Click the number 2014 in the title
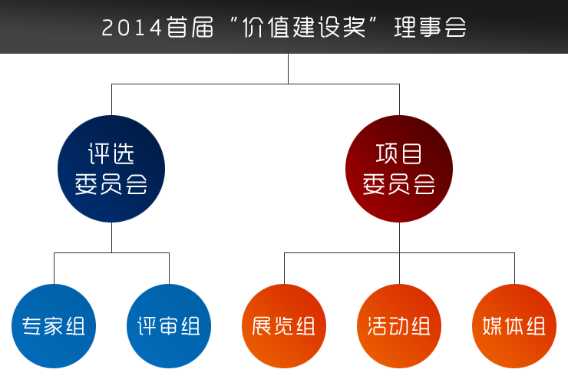point(132,28)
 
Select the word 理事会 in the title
point(430,28)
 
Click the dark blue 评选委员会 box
point(111,169)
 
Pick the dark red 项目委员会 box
point(399,169)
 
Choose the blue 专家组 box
point(54,326)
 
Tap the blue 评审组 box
point(169,326)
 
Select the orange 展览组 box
point(284,326)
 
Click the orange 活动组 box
point(399,326)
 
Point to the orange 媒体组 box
point(514,326)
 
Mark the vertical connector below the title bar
point(289,68)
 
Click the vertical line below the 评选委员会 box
point(111,237)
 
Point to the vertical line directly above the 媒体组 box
point(514,269)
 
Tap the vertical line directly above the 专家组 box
point(54,269)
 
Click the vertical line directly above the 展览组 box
point(284,269)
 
